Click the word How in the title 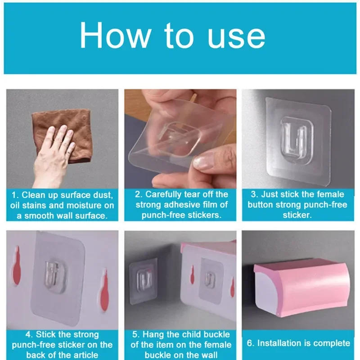114,36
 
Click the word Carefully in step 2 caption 164,194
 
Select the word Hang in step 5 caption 153,334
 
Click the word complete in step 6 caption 332,343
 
